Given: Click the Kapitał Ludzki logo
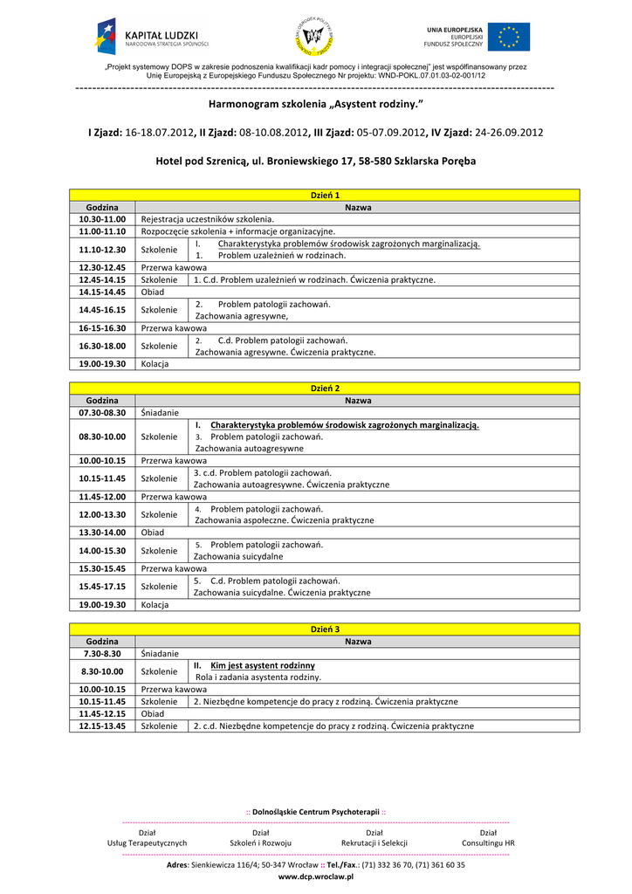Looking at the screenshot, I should (x=153, y=37).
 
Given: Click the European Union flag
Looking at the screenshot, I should (x=508, y=38).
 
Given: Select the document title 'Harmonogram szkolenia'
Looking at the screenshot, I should (x=315, y=105).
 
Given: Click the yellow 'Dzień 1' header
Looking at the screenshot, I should (x=325, y=195).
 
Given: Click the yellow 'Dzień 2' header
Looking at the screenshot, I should (x=325, y=388).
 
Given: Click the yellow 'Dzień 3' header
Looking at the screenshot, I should (x=325, y=629).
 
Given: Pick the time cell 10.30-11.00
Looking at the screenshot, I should (x=102, y=218).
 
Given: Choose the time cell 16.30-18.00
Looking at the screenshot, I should (x=102, y=346).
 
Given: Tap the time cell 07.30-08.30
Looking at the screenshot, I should (x=102, y=412).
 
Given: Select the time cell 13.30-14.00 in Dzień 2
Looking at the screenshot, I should (x=102, y=532).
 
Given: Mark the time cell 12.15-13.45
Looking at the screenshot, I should (x=102, y=726).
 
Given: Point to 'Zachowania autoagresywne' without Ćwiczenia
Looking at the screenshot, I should (x=250, y=448).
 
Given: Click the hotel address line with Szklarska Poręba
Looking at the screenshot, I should (x=315, y=162).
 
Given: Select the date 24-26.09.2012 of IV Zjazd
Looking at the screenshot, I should (x=508, y=133).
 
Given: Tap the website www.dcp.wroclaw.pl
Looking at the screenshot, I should (x=315, y=877).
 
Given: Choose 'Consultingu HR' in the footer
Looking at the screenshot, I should (x=488, y=842).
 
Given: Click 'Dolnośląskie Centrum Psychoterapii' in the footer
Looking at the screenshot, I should (x=315, y=812).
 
